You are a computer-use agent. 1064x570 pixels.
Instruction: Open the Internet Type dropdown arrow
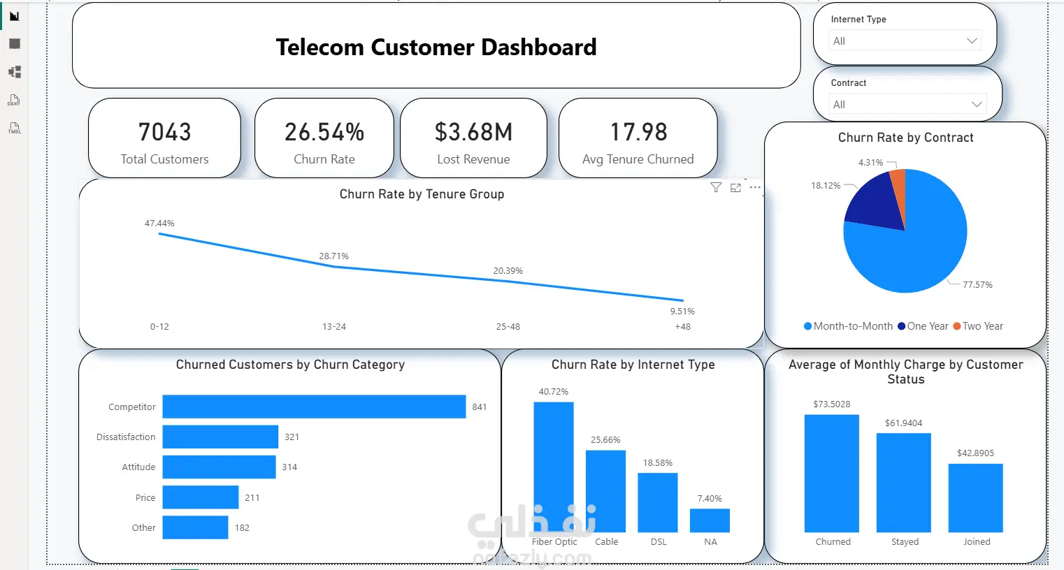coord(972,41)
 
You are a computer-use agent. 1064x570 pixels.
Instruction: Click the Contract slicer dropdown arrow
coord(977,104)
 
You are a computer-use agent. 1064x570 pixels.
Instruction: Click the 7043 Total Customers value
coord(165,132)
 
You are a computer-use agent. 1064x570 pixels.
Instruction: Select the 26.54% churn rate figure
coord(324,132)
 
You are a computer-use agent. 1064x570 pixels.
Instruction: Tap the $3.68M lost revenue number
coord(473,132)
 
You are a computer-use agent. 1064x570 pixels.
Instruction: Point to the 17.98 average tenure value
coord(638,132)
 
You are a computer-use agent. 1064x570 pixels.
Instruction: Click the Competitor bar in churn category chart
coord(314,407)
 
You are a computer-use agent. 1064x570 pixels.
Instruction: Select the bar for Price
coord(201,497)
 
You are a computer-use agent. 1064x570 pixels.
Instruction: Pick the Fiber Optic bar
coord(554,467)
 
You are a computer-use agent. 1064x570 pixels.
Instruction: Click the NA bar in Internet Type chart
coord(710,520)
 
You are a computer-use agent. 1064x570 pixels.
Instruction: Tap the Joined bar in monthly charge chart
coord(976,498)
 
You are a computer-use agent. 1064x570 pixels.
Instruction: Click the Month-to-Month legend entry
coord(849,326)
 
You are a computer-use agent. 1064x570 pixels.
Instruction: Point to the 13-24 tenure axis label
coord(334,326)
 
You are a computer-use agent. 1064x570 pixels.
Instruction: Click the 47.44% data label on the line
coord(159,223)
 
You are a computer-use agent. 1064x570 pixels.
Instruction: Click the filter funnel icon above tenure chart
coord(716,187)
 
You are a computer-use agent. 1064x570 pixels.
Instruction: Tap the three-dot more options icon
coord(755,187)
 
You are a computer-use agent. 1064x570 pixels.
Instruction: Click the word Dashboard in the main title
coord(539,47)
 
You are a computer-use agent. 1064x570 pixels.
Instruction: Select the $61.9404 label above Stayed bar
coord(903,423)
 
